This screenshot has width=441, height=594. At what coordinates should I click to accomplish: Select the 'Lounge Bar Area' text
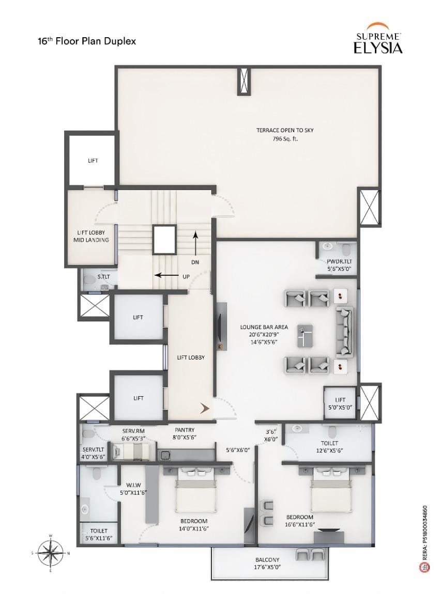click(x=264, y=327)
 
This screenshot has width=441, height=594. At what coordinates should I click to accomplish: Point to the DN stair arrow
click(x=195, y=243)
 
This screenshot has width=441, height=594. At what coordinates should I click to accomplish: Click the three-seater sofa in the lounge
click(x=344, y=332)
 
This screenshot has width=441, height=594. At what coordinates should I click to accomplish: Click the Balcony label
click(x=267, y=559)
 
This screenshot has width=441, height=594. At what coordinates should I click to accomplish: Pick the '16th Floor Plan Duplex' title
click(x=86, y=41)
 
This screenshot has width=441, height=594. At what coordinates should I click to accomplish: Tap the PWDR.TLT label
click(x=339, y=261)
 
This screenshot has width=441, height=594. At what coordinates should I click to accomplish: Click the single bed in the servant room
click(x=132, y=451)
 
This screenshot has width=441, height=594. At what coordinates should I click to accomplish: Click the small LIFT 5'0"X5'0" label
click(x=340, y=403)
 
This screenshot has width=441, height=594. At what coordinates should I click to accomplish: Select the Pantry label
click(x=185, y=430)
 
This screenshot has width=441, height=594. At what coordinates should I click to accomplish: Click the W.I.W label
click(x=134, y=484)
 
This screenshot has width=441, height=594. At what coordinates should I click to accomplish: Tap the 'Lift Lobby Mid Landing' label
click(x=92, y=236)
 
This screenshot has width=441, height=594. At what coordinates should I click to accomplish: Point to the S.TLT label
click(x=103, y=277)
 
